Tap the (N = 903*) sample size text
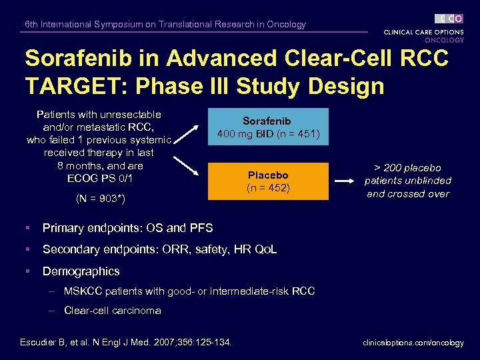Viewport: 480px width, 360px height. [x=100, y=199]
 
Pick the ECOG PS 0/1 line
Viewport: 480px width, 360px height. [x=100, y=178]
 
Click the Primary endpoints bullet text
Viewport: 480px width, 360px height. [x=127, y=228]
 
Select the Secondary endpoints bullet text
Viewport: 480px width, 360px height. [x=159, y=249]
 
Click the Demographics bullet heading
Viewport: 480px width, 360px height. [x=81, y=271]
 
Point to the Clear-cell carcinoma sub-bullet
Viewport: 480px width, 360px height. [x=112, y=311]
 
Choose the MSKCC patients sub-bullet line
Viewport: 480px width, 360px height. [x=189, y=291]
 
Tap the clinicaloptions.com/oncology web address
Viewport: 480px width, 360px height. [x=413, y=343]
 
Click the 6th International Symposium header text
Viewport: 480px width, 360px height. [x=165, y=25]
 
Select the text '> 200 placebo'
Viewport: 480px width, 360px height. [x=407, y=168]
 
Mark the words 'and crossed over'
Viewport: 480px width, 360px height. [x=407, y=194]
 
